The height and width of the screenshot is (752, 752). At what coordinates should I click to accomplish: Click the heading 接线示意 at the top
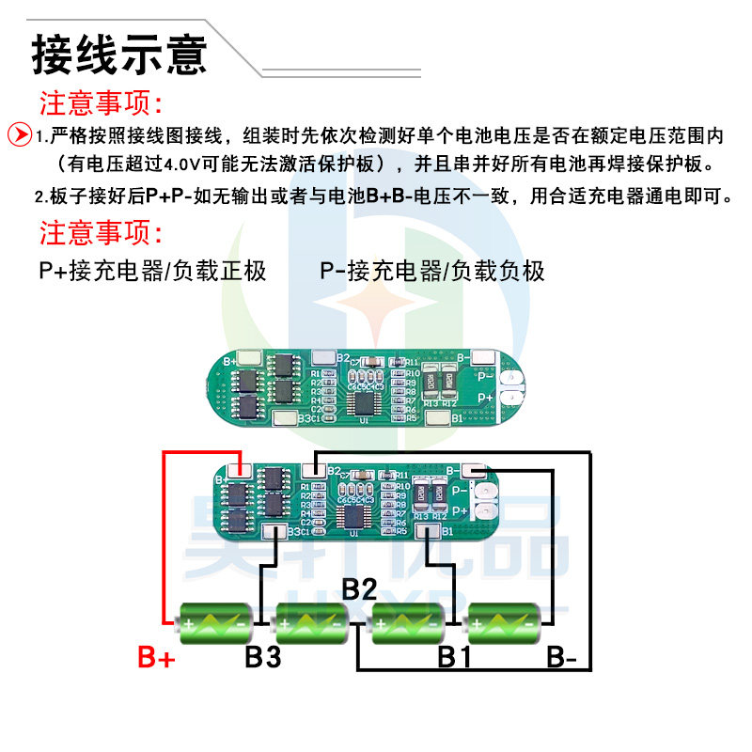[119, 54]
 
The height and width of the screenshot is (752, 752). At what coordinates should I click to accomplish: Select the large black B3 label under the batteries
[263, 657]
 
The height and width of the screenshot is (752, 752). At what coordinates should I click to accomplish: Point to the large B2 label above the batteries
[359, 590]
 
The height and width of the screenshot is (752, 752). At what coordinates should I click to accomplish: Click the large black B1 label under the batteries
[454, 657]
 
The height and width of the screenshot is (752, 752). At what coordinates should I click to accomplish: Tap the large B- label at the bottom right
[562, 657]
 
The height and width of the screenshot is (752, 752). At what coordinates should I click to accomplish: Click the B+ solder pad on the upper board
[251, 359]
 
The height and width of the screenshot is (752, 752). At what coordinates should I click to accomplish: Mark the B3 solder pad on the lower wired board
[275, 533]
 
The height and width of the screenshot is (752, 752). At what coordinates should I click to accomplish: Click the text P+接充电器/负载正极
[153, 272]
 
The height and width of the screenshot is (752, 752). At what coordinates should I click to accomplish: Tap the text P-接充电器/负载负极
[432, 272]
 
